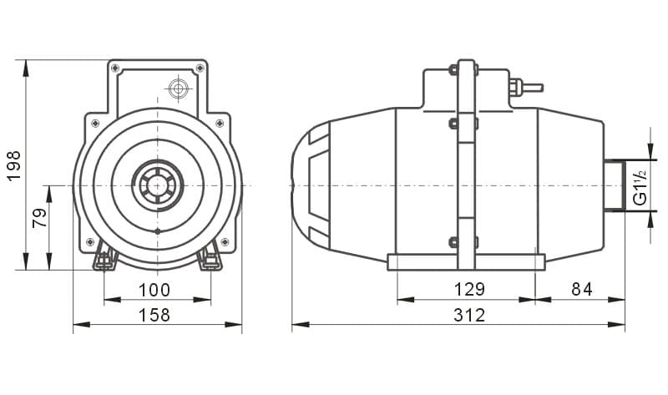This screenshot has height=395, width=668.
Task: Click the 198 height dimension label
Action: [x=13, y=165]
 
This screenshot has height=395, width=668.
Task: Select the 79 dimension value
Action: [x=40, y=218]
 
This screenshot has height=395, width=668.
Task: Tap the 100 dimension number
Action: [x=154, y=290]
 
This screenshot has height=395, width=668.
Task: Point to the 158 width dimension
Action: [x=154, y=316]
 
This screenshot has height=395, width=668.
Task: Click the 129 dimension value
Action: [x=469, y=289]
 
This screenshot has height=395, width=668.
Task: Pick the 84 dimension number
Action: [x=581, y=289]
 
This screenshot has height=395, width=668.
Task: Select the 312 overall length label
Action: [x=469, y=316]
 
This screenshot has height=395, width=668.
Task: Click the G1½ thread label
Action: [x=640, y=186]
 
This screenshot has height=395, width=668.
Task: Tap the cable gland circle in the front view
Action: [x=179, y=89]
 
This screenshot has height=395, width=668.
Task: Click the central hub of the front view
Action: [x=158, y=185]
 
